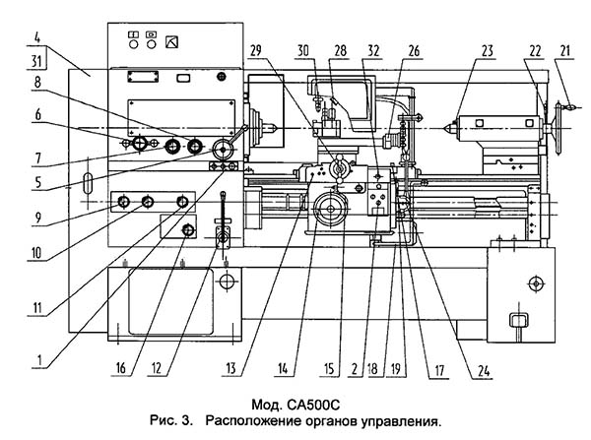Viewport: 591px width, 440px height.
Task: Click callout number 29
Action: point(255,50)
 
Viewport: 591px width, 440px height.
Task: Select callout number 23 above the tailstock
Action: point(488,50)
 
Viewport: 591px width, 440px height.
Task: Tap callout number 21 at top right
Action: point(565,50)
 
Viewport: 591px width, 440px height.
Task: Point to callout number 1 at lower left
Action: point(39,360)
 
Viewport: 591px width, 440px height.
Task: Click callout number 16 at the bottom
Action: point(120,368)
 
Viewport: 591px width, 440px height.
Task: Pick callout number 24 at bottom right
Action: point(484,371)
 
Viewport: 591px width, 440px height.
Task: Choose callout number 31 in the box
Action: point(36,61)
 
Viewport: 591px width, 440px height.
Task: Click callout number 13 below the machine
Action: point(231,368)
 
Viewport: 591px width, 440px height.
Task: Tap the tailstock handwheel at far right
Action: point(558,128)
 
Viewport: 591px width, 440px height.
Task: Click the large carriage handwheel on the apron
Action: point(331,209)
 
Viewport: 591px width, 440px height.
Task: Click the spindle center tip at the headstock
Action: point(273,128)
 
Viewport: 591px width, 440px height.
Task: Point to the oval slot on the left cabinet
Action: point(88,183)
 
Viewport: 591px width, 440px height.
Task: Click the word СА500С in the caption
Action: point(313,406)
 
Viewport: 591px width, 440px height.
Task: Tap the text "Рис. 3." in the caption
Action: point(171,420)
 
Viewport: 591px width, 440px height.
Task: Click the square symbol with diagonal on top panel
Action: point(171,41)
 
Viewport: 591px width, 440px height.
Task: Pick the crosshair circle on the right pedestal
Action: point(536,283)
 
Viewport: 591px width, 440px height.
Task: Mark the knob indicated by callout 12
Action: point(188,229)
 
